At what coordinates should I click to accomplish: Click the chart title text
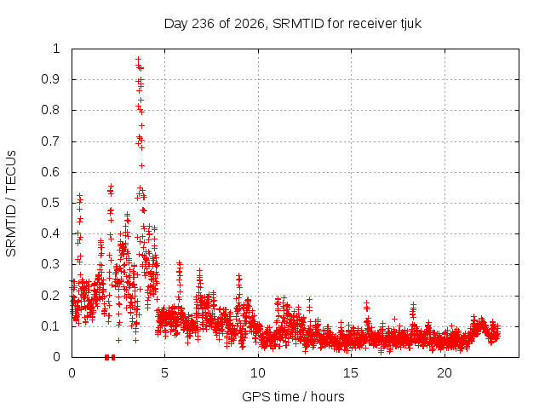click(x=293, y=24)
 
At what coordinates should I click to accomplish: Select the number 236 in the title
click(x=203, y=24)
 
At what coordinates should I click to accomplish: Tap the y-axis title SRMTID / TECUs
click(x=11, y=204)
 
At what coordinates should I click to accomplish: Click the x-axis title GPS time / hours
click(x=293, y=396)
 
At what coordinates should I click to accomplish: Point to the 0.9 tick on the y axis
click(x=50, y=79)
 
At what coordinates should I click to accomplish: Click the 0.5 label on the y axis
click(x=50, y=203)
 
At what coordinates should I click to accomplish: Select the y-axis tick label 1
click(x=56, y=49)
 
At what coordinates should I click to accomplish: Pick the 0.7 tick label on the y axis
click(x=50, y=141)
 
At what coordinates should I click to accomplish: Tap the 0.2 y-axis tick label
click(x=50, y=296)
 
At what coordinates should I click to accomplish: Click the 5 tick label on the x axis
click(x=164, y=373)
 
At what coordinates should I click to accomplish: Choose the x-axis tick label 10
click(x=258, y=373)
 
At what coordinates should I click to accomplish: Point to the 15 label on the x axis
click(x=351, y=373)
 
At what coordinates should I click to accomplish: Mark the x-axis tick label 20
click(x=445, y=373)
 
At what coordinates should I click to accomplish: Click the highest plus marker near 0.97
click(x=138, y=59)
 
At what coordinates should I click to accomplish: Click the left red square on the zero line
click(x=106, y=357)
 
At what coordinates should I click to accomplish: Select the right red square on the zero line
click(x=112, y=357)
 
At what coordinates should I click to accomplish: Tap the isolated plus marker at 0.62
click(x=141, y=165)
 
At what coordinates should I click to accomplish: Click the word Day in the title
click(x=176, y=25)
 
